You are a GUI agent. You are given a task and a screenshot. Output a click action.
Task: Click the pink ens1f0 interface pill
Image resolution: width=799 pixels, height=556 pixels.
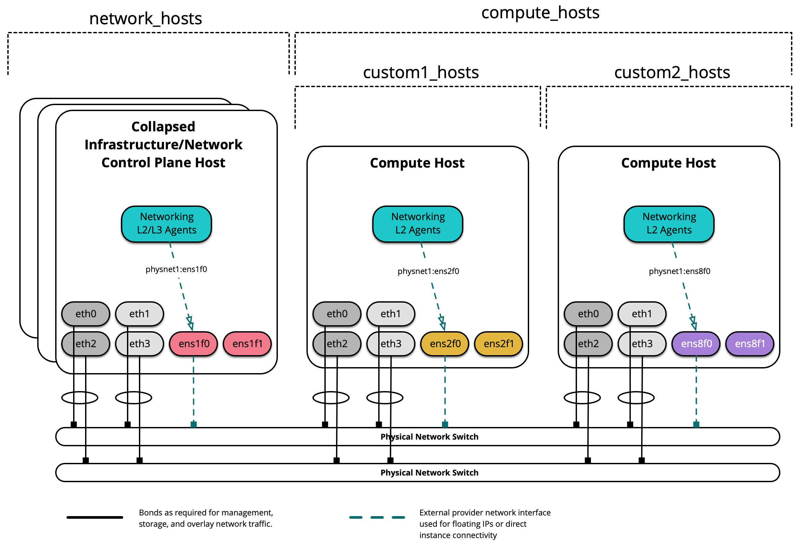pos(193,344)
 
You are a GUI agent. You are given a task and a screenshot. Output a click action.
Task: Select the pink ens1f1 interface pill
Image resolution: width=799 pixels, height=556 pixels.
pos(247,344)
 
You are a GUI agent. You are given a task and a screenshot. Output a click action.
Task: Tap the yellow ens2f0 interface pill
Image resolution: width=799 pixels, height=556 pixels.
pos(445,344)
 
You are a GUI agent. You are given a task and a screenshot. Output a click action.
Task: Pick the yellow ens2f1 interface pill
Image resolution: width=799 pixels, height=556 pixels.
pos(498,344)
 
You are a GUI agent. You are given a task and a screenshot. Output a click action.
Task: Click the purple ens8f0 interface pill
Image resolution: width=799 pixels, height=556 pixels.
pos(696,344)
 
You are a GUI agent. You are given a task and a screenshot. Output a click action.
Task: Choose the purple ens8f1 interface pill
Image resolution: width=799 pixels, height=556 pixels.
pos(749,344)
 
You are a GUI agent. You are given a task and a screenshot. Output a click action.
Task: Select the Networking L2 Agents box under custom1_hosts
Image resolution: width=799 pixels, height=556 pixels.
pos(417,224)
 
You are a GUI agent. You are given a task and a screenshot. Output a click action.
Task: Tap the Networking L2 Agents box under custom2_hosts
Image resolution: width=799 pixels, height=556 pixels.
pos(669,224)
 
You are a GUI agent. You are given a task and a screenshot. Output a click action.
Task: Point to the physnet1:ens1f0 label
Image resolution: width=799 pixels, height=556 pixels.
pos(176,269)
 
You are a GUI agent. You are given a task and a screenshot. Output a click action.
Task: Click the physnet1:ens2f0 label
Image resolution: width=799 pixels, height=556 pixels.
pos(428,271)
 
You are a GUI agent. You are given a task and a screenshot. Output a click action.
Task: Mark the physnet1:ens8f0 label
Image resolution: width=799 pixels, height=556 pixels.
pos(679,271)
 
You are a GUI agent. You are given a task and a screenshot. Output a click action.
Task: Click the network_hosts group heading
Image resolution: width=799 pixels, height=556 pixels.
pos(146,18)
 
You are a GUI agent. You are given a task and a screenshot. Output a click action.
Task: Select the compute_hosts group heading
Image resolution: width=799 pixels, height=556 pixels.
pos(540,13)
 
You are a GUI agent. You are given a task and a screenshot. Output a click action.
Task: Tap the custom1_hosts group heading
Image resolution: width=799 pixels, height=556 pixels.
pos(421,72)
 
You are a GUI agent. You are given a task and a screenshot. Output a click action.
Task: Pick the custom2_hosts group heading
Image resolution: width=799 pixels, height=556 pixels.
pos(672,72)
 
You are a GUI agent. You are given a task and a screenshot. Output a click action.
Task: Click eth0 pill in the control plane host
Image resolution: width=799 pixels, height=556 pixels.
pos(86,314)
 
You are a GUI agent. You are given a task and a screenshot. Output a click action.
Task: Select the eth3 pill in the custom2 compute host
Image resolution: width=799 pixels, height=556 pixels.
pos(642,344)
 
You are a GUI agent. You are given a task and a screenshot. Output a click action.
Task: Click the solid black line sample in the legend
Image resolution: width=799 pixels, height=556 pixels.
pos(95,517)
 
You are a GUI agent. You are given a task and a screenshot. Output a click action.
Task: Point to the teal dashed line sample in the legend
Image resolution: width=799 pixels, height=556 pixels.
pos(377,517)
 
